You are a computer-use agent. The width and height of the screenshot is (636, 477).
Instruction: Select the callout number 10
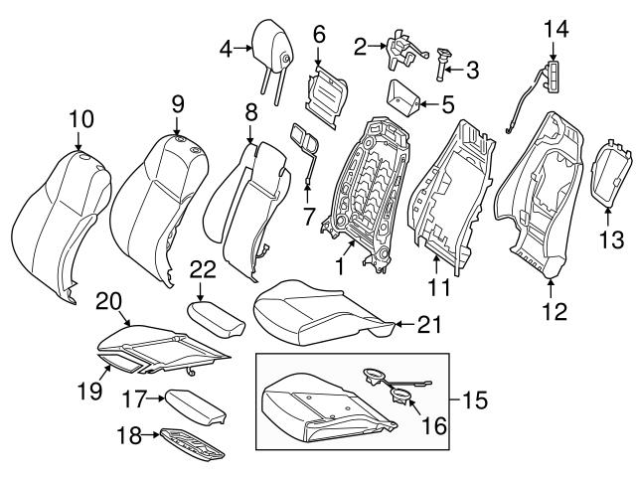click(x=80, y=119)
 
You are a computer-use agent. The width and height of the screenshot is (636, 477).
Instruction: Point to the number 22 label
click(x=202, y=269)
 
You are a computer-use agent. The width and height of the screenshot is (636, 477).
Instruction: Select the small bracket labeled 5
click(x=401, y=96)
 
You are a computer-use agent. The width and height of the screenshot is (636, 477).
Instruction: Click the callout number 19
click(x=90, y=391)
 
